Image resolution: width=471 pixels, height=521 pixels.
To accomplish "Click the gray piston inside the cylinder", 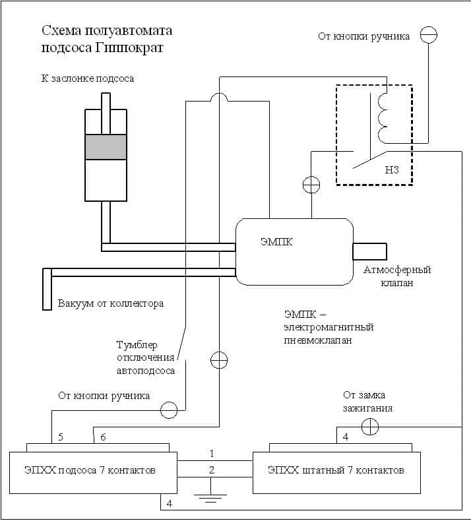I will coord(106,146).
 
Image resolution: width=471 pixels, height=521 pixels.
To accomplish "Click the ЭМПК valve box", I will coord(294,252).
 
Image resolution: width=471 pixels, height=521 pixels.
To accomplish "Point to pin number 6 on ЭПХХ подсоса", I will coord(102,437).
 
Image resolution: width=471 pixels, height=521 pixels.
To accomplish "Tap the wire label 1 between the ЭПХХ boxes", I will coord(212,454).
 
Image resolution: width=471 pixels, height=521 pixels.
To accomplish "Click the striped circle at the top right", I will coord(429,34).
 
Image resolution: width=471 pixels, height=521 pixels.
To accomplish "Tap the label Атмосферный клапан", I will coord(397,276).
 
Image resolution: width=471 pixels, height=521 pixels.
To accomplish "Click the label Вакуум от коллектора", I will coord(110,304).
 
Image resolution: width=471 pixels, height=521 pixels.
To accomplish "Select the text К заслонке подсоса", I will coord(87,78).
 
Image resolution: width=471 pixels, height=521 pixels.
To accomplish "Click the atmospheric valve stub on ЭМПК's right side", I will coord(369,252).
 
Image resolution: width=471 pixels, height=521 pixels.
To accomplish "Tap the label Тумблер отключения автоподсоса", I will coord(146,358).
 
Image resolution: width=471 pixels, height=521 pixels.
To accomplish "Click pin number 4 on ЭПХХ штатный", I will coord(346,437).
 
